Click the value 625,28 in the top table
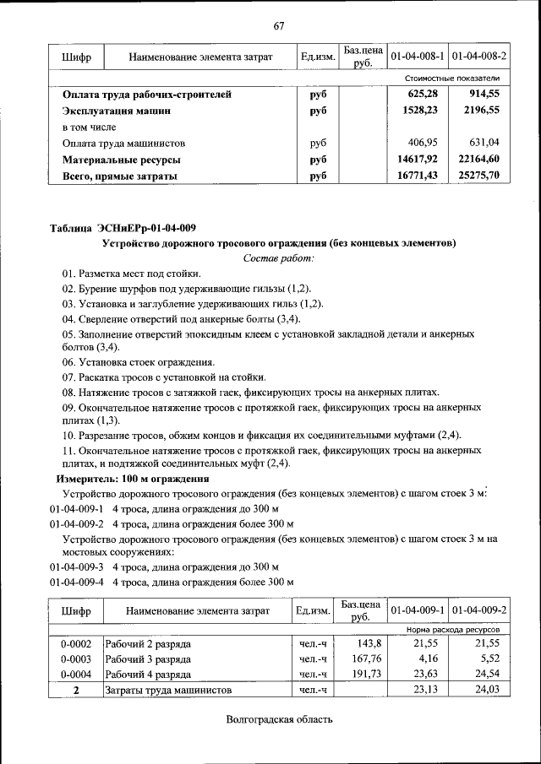click(x=421, y=94)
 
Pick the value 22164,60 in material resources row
click(x=478, y=159)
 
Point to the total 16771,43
click(x=418, y=175)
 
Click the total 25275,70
click(x=478, y=175)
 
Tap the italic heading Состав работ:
click(x=278, y=257)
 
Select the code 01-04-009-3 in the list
click(x=76, y=566)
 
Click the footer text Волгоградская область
click(x=279, y=719)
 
